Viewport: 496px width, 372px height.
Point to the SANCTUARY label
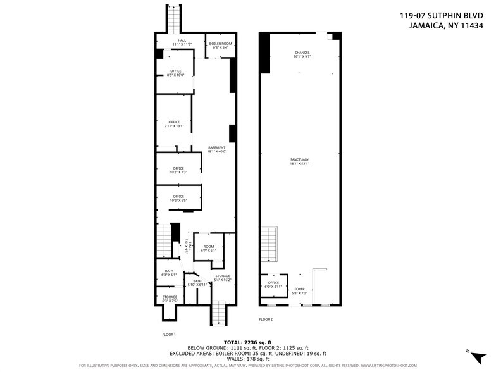pyautogui.click(x=299, y=161)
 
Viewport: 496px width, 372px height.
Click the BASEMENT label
pyautogui.click(x=216, y=150)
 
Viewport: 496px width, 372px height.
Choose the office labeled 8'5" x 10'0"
pyautogui.click(x=175, y=73)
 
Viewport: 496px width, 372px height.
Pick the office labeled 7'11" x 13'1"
pyautogui.click(x=174, y=124)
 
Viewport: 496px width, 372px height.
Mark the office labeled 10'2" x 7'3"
pyautogui.click(x=178, y=170)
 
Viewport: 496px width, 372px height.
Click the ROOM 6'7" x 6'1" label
pyautogui.click(x=209, y=249)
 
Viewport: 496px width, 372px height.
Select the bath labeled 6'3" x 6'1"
pyautogui.click(x=168, y=273)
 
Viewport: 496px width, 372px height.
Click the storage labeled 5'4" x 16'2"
pyautogui.click(x=223, y=278)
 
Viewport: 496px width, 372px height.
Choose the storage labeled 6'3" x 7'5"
pyautogui.click(x=170, y=299)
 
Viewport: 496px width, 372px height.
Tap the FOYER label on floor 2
pyautogui.click(x=299, y=291)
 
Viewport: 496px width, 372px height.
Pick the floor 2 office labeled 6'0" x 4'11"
pyautogui.click(x=273, y=285)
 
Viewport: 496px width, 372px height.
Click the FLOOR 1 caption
pyautogui.click(x=169, y=333)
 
